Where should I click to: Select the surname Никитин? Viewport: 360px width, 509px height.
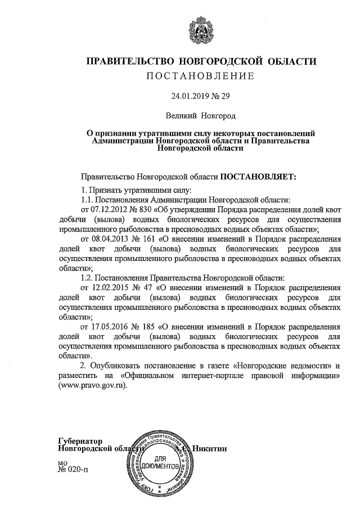pos(211,448)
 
